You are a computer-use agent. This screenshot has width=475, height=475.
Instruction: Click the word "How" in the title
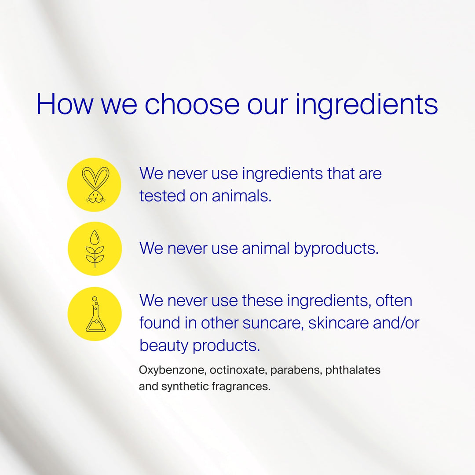[65, 104]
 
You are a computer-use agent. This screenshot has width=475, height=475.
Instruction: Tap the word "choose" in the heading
[192, 104]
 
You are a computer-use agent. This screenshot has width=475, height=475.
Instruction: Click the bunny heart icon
[95, 185]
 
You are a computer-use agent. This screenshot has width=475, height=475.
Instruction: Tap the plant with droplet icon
[95, 249]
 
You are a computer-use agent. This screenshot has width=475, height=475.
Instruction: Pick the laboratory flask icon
[95, 314]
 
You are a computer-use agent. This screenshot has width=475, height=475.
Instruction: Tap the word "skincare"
[338, 323]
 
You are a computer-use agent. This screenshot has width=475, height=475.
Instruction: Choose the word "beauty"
[164, 346]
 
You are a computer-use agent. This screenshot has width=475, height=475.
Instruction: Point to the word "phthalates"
[353, 370]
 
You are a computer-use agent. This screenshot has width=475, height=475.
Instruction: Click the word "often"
[393, 301]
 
